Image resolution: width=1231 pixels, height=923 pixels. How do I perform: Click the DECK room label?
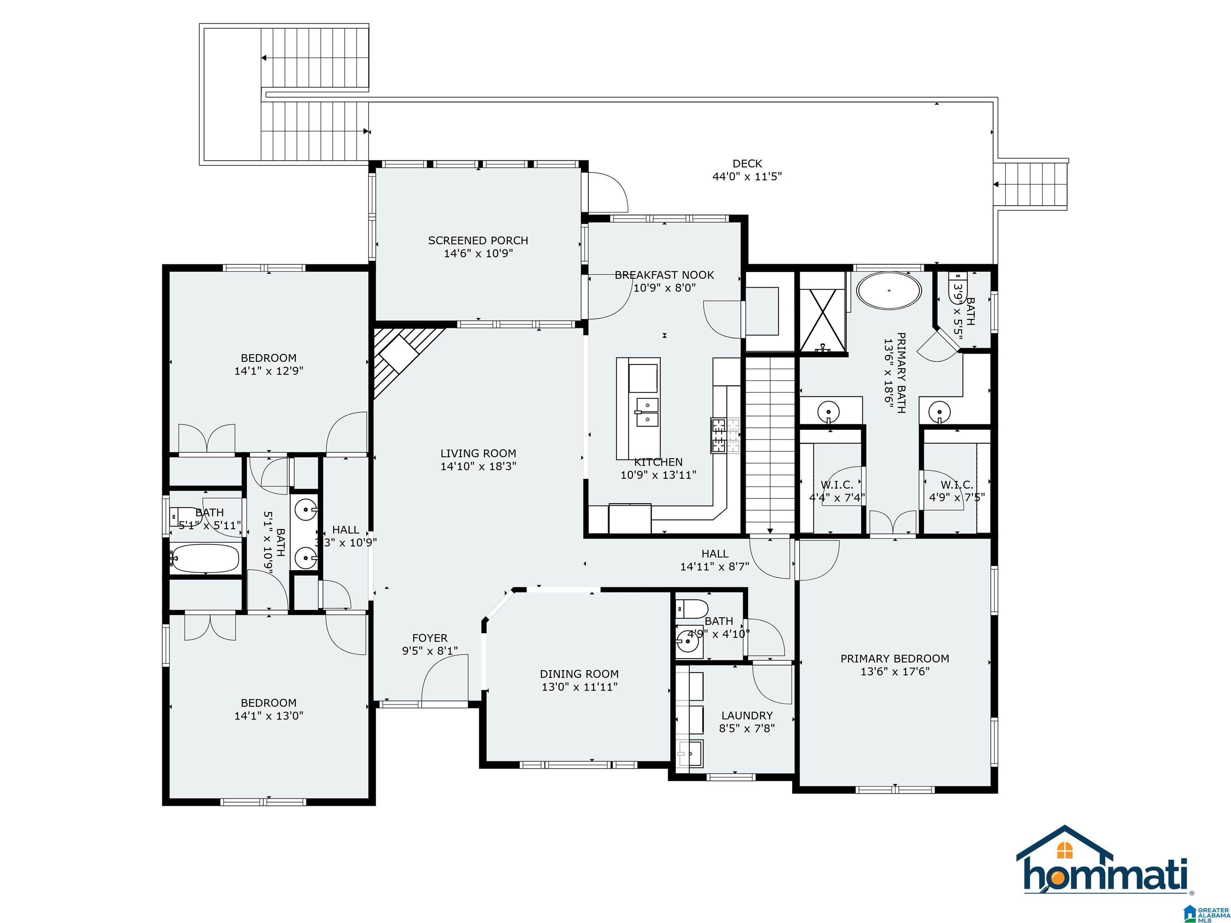click(747, 163)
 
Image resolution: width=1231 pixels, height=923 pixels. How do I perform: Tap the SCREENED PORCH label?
click(478, 240)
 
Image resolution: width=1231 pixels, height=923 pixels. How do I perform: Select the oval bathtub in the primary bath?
click(888, 290)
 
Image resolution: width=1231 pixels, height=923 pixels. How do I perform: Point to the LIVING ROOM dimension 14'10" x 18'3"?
click(478, 466)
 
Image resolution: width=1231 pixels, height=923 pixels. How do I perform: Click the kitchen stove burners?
click(724, 435)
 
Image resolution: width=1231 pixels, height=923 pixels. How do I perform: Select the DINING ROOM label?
click(579, 674)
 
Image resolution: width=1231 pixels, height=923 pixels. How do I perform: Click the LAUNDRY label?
click(747, 715)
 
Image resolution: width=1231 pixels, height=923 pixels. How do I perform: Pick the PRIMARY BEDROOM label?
click(895, 658)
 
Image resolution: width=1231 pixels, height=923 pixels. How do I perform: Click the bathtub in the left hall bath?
click(205, 558)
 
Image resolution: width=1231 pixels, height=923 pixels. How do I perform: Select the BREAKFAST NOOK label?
click(664, 275)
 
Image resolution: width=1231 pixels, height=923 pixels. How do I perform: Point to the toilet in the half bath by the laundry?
click(692, 609)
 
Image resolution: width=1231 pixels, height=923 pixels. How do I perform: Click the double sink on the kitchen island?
click(647, 412)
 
